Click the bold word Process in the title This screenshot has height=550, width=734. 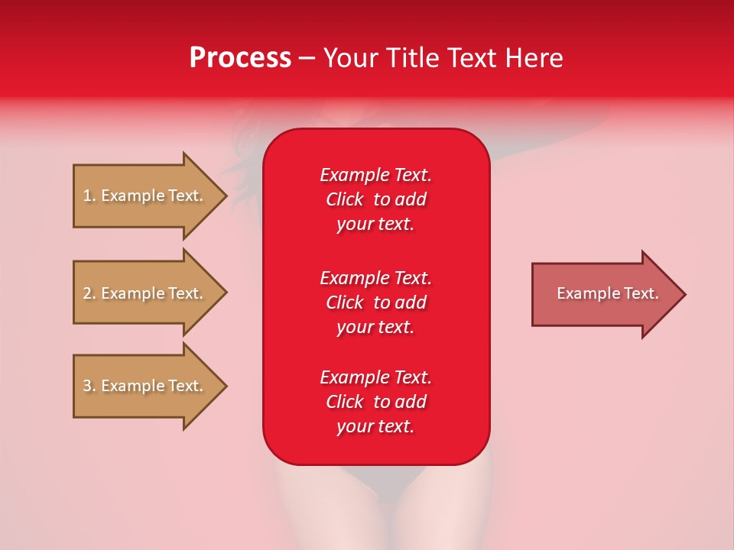click(240, 58)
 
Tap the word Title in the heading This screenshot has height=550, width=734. click(413, 58)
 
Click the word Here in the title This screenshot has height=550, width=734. click(533, 58)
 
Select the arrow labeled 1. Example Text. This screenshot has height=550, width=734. click(142, 196)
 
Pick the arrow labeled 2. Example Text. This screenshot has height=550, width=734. click(142, 293)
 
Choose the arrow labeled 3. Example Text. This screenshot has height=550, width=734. click(142, 386)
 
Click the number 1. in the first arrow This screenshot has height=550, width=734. click(89, 196)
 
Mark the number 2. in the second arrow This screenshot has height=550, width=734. click(89, 293)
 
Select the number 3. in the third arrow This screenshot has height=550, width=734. click(89, 386)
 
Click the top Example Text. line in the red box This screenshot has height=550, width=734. click(375, 175)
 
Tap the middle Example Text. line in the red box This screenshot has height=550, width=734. click(375, 278)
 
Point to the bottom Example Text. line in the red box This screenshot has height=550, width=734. click(375, 377)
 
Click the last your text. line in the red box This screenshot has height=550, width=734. click(375, 426)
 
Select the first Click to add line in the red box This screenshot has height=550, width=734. click(375, 199)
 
